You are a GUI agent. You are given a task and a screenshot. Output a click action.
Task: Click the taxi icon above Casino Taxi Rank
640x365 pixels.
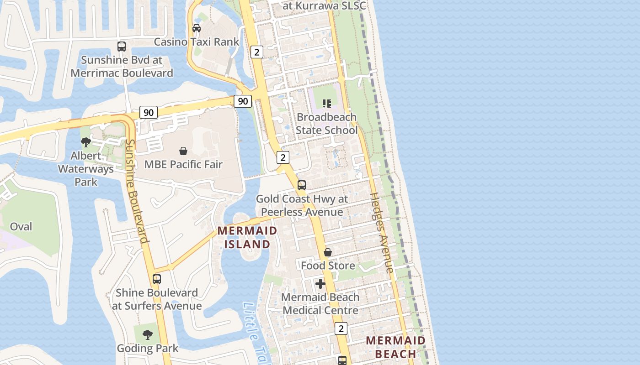tap(197, 28)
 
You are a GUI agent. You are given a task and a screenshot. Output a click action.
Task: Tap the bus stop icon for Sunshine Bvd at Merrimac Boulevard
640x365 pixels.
tap(122, 46)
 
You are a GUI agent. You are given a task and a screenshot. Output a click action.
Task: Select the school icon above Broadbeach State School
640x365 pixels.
tap(326, 104)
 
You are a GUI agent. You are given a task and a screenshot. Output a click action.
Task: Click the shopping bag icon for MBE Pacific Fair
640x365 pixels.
tap(183, 151)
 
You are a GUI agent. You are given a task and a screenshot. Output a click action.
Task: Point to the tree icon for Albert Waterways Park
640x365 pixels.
tap(85, 142)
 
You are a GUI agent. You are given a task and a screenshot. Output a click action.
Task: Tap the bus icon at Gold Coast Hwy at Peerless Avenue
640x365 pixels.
tap(302, 185)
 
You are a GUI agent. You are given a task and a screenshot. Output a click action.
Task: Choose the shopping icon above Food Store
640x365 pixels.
tap(328, 252)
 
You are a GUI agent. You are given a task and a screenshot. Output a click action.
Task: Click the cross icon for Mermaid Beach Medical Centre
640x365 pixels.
tap(320, 284)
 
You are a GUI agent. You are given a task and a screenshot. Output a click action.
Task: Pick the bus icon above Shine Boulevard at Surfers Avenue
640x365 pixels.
tap(157, 279)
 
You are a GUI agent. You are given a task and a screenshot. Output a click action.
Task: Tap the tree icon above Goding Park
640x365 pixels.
tap(147, 335)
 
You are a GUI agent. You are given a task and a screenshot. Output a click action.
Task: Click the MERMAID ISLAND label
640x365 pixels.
tap(247, 237)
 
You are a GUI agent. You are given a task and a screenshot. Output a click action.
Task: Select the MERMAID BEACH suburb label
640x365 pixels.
tap(396, 347)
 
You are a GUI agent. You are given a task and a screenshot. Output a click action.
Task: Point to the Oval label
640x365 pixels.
tap(21, 227)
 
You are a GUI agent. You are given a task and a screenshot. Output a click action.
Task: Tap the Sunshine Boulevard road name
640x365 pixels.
tap(137, 192)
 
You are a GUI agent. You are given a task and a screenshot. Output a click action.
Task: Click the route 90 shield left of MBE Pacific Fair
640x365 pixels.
tap(149, 112)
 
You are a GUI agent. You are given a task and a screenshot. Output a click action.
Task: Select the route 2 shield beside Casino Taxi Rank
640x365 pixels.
tap(257, 52)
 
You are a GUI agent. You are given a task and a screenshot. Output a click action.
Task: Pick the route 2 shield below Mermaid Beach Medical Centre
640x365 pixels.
tap(341, 328)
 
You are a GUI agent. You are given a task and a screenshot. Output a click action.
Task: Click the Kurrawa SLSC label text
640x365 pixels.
tap(325, 6)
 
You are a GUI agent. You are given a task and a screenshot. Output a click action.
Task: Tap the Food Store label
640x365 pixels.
tap(328, 266)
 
